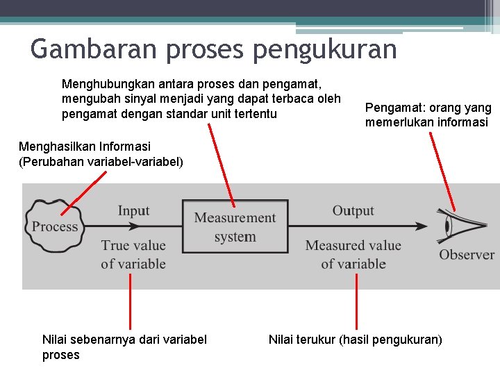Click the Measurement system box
[235, 227]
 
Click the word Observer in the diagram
[466, 255]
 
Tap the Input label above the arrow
[133, 210]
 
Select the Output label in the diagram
[353, 210]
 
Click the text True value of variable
[133, 254]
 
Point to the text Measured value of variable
[353, 254]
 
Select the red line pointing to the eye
[442, 170]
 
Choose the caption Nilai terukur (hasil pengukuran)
[355, 340]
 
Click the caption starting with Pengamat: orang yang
[428, 115]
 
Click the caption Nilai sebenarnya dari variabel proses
[124, 347]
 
